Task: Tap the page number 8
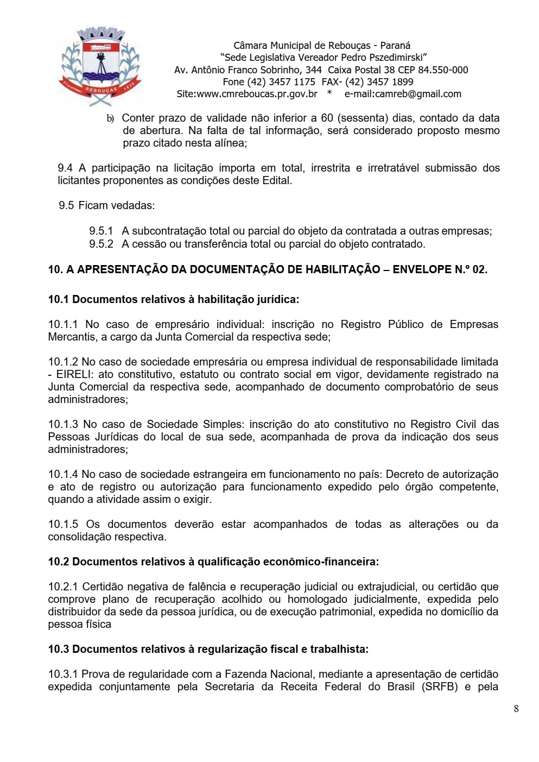click(516, 708)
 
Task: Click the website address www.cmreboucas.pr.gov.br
click(257, 94)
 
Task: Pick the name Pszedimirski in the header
click(390, 58)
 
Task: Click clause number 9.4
click(65, 168)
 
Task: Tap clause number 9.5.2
click(101, 244)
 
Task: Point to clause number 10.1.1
click(62, 324)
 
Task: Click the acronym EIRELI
click(74, 374)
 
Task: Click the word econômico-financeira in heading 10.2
click(321, 562)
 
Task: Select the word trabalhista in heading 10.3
click(337, 649)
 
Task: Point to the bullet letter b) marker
click(110, 118)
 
